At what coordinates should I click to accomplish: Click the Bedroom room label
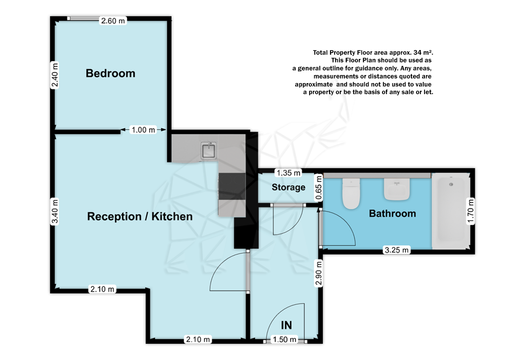pos(110,73)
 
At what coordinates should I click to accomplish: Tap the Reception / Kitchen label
pos(140,217)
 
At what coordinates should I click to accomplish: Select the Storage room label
pos(288,187)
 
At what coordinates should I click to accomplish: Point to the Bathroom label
pos(392,213)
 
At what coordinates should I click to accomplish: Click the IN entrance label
pos(287,325)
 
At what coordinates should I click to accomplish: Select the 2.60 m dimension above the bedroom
pos(113,20)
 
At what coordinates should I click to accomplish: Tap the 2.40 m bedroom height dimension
pos(54,75)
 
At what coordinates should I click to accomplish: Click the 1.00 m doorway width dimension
pos(143,130)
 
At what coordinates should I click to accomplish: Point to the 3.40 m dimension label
pos(54,212)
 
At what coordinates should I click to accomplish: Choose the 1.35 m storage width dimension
pos(288,173)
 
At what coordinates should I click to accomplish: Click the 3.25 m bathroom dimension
pos(397,250)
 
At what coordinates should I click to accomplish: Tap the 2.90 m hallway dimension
pos(319,274)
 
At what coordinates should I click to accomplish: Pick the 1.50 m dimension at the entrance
pos(284,340)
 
